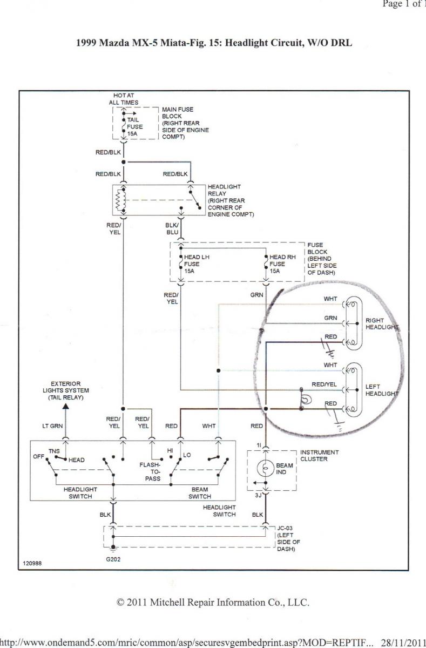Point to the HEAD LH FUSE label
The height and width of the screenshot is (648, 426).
click(x=197, y=264)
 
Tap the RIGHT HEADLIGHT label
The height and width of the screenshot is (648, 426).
click(x=382, y=324)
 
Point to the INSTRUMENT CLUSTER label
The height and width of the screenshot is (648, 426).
click(x=320, y=456)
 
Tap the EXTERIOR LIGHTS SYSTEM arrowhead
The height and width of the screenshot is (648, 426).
click(x=65, y=406)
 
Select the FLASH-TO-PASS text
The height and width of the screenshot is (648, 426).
click(x=150, y=471)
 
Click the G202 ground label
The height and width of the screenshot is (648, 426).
click(x=113, y=559)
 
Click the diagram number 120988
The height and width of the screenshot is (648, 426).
click(x=32, y=563)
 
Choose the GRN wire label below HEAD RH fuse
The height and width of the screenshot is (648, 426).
click(x=256, y=295)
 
